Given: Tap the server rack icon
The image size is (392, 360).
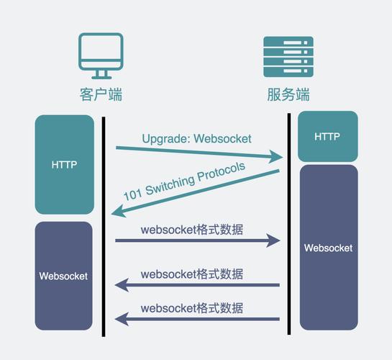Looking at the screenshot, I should point(288,55).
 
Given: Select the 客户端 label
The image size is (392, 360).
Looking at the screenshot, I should point(101,94).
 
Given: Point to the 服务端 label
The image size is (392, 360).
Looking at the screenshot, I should point(288,94).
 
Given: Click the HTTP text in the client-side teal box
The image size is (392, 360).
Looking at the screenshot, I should point(64,164).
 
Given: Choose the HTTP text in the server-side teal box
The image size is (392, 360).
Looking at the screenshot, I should point(327,137).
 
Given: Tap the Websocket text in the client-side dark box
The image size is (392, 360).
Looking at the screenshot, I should point(63,276).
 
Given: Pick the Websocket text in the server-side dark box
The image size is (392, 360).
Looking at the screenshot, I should point(328,248).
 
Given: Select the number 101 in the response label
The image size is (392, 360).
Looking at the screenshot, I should point(132,194).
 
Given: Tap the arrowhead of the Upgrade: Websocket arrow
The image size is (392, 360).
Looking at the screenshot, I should point(276,156).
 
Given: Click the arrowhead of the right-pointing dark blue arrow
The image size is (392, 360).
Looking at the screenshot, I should point(273,240).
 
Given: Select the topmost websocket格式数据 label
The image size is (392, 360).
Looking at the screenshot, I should point(191,230).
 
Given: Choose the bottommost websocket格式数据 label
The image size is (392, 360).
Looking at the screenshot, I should point(191,309).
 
